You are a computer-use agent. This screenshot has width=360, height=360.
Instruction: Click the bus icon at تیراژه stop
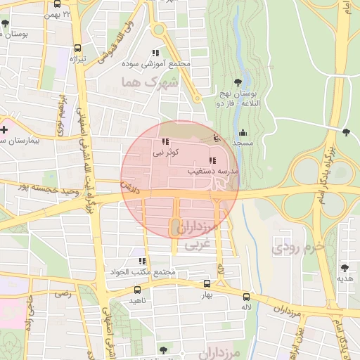coord(77,49)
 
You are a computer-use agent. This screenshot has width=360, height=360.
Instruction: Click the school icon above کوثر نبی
coord(165,142)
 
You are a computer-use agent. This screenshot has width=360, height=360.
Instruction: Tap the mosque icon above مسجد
coord(243,133)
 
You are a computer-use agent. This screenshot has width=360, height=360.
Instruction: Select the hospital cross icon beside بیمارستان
coord(5,129)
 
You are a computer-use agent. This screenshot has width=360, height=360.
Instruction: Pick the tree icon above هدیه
coord(344,268)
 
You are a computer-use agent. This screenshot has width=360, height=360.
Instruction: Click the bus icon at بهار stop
coord(206,284)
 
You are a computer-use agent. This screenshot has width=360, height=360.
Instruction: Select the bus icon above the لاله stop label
coord(246,297)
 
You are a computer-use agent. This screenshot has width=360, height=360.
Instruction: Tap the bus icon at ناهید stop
coord(136,290)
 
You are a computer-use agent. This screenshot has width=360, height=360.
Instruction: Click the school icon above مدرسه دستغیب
coord(213,160)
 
